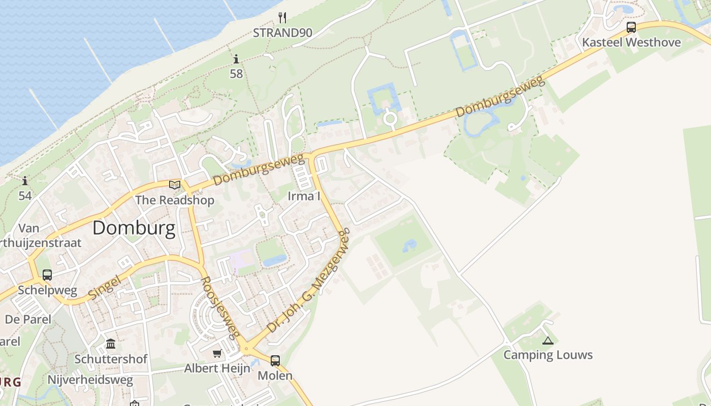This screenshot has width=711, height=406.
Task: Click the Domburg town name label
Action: point(134,228)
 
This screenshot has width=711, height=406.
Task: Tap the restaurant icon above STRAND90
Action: point(283,18)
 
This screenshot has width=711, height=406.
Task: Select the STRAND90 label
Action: point(283,33)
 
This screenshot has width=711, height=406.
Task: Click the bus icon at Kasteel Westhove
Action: point(631,27)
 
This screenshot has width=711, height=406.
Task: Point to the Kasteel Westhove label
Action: point(631,42)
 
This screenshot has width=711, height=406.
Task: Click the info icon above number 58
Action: point(236,59)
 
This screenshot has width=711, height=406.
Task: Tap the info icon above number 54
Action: point(25,181)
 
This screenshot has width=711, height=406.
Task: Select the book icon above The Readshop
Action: point(175,185)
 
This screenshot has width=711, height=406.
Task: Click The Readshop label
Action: point(175,200)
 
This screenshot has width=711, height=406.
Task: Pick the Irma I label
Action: point(304,196)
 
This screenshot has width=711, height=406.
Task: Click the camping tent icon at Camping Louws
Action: point(547,341)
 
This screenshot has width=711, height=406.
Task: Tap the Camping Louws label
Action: point(548,355)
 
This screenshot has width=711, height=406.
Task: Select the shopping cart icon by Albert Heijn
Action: point(217,353)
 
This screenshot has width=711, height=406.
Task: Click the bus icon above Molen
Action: point(275,361)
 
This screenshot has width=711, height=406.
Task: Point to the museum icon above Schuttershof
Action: point(111,344)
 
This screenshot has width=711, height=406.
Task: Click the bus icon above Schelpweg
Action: point(47,275)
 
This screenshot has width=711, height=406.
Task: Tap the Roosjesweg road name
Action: point(220,307)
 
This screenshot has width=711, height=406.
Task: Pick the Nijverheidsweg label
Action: point(90,380)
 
